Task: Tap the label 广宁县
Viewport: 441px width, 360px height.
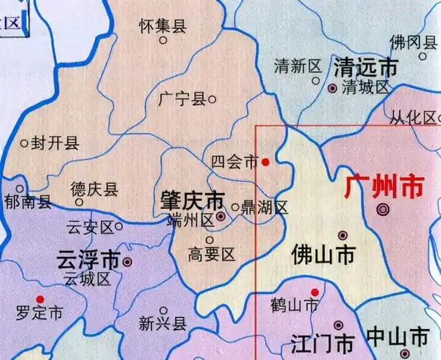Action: (x=181, y=99)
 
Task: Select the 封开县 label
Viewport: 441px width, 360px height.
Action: (x=55, y=143)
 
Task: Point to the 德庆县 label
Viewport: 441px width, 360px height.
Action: (x=94, y=189)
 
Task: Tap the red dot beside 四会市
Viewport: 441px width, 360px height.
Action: (x=265, y=162)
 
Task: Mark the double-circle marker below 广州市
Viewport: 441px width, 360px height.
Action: (x=382, y=210)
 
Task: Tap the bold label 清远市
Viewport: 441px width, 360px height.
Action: (x=365, y=68)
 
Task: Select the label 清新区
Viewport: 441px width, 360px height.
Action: (x=297, y=67)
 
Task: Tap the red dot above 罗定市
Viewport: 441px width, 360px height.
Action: (x=40, y=299)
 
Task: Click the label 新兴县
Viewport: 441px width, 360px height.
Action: (x=162, y=323)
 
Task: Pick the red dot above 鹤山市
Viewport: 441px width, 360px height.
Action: (x=314, y=292)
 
